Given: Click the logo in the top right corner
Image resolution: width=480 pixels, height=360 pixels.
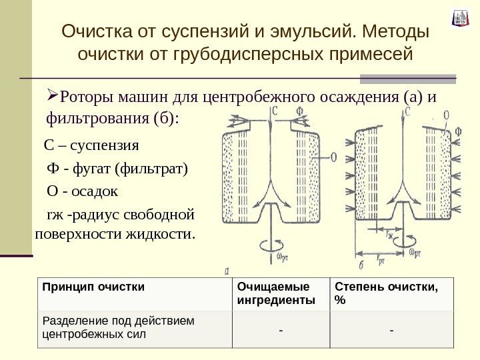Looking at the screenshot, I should [460, 18].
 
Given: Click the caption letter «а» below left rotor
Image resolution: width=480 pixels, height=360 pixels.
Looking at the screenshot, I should [228, 270].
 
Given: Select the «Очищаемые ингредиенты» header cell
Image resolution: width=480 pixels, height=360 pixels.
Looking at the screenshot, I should [272, 293].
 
